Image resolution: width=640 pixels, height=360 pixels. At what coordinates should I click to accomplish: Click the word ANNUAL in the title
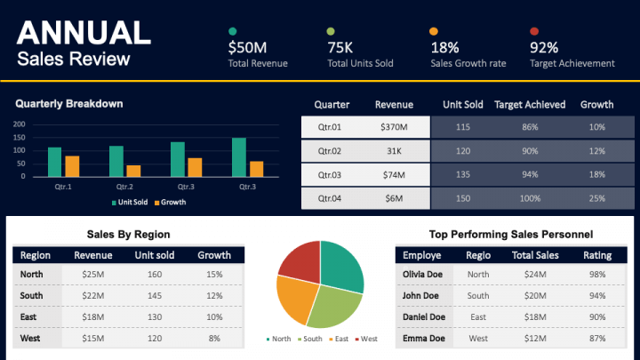[84, 33]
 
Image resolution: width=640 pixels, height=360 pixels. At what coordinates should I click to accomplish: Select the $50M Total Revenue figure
[248, 48]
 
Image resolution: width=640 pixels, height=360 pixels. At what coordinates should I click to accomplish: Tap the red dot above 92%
[534, 32]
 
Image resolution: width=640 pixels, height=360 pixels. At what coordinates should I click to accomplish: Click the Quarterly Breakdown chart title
[68, 104]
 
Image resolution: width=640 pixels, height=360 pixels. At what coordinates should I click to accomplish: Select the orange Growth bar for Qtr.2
[133, 172]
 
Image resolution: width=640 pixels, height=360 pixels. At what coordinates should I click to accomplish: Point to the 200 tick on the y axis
[20, 124]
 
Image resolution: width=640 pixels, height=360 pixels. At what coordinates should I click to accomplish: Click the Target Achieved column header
[530, 104]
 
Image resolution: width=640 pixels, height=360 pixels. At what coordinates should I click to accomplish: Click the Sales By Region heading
[128, 235]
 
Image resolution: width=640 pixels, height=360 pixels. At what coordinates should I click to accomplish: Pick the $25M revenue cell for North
[93, 275]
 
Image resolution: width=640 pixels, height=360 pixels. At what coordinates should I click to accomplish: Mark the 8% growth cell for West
[213, 339]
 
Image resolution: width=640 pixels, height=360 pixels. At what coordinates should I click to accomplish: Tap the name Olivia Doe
[423, 275]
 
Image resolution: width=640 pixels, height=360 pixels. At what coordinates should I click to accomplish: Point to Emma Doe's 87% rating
[596, 339]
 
